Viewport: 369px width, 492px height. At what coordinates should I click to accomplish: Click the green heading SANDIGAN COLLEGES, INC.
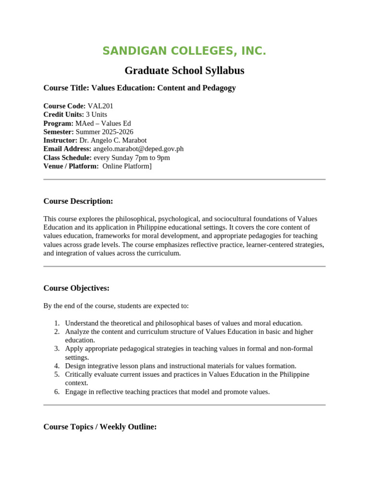(184, 51)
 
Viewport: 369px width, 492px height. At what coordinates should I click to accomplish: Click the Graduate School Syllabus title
(184, 71)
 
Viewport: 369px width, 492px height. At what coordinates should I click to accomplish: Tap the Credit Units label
(63, 114)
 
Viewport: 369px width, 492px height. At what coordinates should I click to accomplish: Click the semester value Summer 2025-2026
(104, 132)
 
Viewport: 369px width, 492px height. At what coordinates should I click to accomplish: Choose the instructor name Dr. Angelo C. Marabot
(113, 140)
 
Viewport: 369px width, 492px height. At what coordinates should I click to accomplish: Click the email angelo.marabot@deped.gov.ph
(138, 149)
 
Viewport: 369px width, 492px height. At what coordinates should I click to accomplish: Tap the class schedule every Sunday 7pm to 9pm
(132, 158)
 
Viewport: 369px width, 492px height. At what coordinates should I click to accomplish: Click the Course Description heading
(78, 201)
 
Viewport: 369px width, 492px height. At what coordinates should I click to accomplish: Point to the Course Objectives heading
(76, 288)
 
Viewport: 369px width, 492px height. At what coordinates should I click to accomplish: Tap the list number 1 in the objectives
(56, 323)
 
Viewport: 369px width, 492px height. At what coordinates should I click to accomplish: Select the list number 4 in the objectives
(56, 366)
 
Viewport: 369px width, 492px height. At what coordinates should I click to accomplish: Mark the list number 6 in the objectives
(56, 392)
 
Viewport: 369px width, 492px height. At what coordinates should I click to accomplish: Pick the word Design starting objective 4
(75, 366)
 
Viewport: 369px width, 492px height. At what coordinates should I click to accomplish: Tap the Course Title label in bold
(66, 88)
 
